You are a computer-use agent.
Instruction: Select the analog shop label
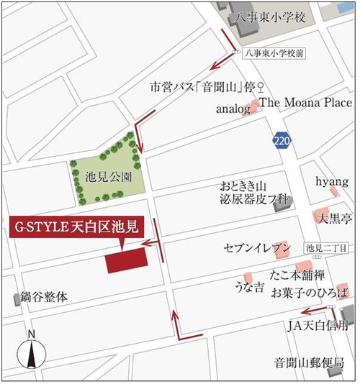pos(233,109)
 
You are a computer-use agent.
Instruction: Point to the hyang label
pos(332,180)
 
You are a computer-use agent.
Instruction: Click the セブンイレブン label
pos(256,248)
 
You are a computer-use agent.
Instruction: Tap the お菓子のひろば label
pos(310,293)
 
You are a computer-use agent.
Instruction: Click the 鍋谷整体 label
pos(45,296)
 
